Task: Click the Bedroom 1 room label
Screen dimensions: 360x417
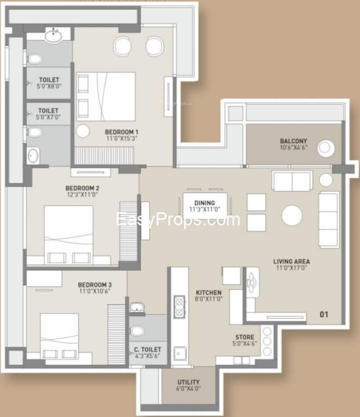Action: tap(122, 132)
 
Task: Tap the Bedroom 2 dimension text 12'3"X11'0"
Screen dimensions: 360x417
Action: tap(83, 194)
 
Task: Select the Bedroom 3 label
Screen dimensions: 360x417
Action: tap(94, 285)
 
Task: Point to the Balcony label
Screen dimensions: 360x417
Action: tap(294, 141)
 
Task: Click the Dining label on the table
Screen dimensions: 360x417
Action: tap(205, 203)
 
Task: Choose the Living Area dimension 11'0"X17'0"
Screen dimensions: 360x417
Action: tap(292, 268)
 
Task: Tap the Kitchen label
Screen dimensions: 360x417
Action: tap(209, 293)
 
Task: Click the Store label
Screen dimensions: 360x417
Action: tap(244, 337)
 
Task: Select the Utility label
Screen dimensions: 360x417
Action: tap(188, 382)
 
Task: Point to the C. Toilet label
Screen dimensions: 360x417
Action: tap(148, 350)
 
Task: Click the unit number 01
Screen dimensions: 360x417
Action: tap(324, 314)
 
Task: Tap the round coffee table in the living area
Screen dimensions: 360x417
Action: tap(292, 215)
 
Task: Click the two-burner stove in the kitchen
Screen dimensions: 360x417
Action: tap(179, 307)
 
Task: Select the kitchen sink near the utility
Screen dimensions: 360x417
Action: tap(180, 353)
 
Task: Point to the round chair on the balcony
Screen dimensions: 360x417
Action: tap(325, 148)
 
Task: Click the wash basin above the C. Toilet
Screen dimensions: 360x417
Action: tap(137, 308)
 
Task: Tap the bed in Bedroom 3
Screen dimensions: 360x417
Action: tap(59, 336)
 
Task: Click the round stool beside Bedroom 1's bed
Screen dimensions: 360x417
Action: tap(83, 131)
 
